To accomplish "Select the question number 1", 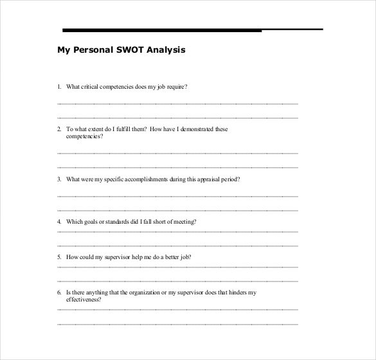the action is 58,86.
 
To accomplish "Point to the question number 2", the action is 58,129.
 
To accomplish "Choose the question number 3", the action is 58,179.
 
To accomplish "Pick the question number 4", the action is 58,221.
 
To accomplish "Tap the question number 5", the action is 58,256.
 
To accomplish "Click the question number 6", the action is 58,292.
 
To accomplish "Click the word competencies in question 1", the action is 116,86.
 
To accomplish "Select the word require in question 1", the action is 177,86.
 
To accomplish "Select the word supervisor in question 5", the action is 112,256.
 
